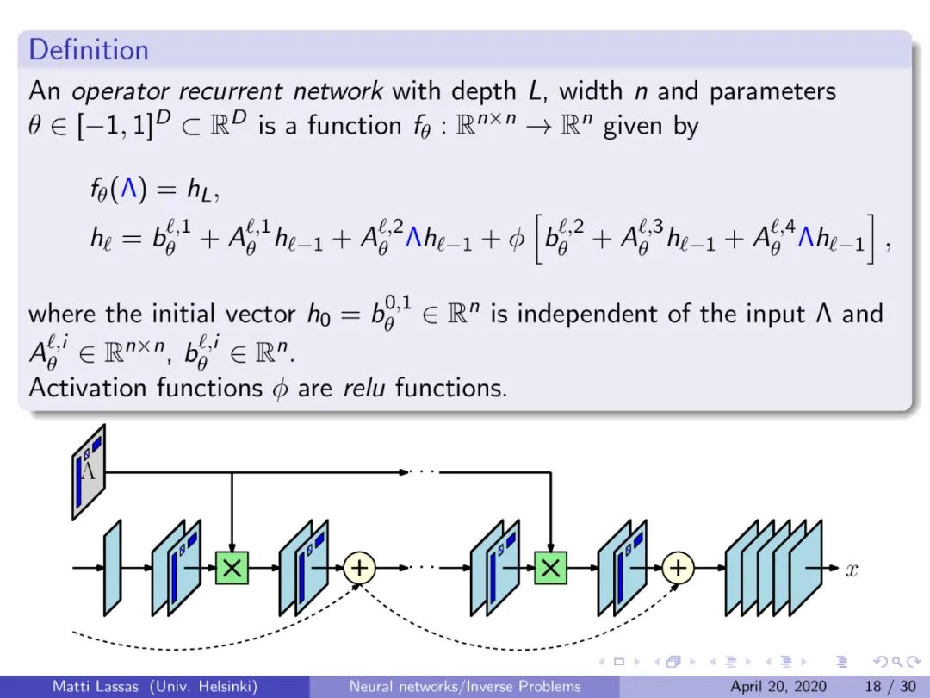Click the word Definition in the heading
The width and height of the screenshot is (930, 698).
click(x=89, y=50)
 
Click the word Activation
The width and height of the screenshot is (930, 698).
click(x=89, y=388)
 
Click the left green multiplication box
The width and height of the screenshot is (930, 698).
click(x=232, y=567)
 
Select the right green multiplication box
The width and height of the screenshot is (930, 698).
click(x=550, y=567)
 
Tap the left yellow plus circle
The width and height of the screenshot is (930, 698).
click(x=360, y=567)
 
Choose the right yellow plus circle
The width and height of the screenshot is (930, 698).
click(x=679, y=567)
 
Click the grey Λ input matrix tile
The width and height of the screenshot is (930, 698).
click(x=89, y=471)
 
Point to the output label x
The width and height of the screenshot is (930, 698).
click(x=852, y=570)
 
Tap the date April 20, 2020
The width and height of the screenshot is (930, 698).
click(x=778, y=687)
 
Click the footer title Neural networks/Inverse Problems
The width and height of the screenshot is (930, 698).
click(x=464, y=687)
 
